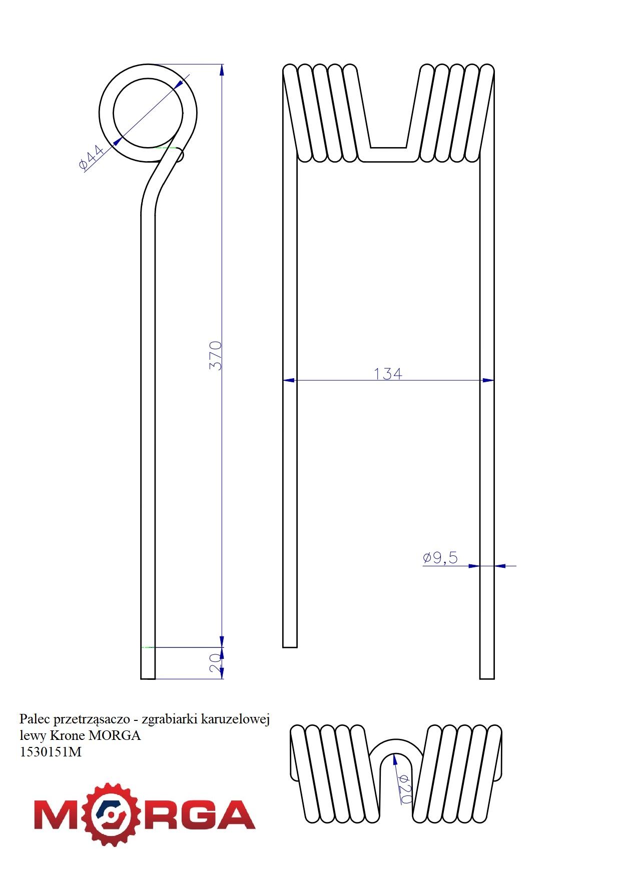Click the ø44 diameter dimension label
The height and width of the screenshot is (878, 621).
pos(91,158)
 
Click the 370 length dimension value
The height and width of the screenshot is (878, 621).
pos(216,356)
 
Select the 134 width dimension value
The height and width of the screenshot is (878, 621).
pos(388,374)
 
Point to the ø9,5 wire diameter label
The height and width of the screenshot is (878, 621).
pos(440,558)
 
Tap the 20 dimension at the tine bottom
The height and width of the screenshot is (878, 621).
pos(215,663)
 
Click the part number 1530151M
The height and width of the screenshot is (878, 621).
pos(50,752)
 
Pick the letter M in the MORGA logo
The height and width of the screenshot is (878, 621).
pos(55,814)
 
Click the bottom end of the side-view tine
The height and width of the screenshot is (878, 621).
pos(148,678)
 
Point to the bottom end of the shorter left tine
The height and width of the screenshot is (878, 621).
pos(290,647)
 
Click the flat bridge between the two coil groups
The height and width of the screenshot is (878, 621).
pos(388,155)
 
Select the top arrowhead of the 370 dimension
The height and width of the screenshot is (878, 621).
pos(222,70)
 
